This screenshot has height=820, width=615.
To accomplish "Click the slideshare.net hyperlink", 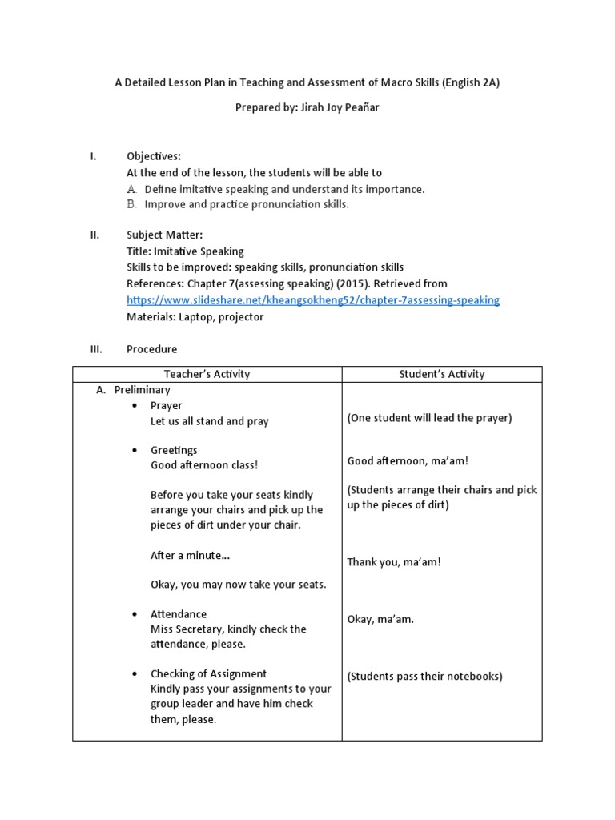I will [x=313, y=300].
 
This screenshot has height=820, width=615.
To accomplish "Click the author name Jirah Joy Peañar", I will [x=336, y=108].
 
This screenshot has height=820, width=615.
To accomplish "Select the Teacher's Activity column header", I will [x=207, y=374].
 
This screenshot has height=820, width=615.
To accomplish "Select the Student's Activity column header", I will [x=442, y=374].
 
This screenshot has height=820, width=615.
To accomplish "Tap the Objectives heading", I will [x=154, y=156].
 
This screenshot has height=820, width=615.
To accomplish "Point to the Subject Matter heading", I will [x=164, y=235].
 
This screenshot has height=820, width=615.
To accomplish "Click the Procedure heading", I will [x=151, y=349].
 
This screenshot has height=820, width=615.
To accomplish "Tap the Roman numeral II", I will [x=94, y=235].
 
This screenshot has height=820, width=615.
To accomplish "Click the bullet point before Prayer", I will [x=134, y=406].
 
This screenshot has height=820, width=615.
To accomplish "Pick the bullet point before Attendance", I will [x=134, y=614].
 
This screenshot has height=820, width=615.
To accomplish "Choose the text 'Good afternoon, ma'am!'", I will [x=408, y=460].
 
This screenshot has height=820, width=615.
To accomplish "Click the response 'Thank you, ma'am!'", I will [x=394, y=561].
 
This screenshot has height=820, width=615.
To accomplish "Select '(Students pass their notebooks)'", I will [x=424, y=676].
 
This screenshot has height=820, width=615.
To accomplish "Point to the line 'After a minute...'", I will [x=190, y=555].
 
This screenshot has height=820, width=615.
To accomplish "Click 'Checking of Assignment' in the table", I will [x=208, y=673].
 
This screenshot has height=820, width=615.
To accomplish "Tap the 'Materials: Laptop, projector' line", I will [x=195, y=316].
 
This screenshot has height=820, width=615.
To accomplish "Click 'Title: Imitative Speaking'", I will [x=185, y=251].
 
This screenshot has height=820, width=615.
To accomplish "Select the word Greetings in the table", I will [x=174, y=450].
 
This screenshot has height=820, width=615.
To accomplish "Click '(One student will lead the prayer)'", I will [x=429, y=418].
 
